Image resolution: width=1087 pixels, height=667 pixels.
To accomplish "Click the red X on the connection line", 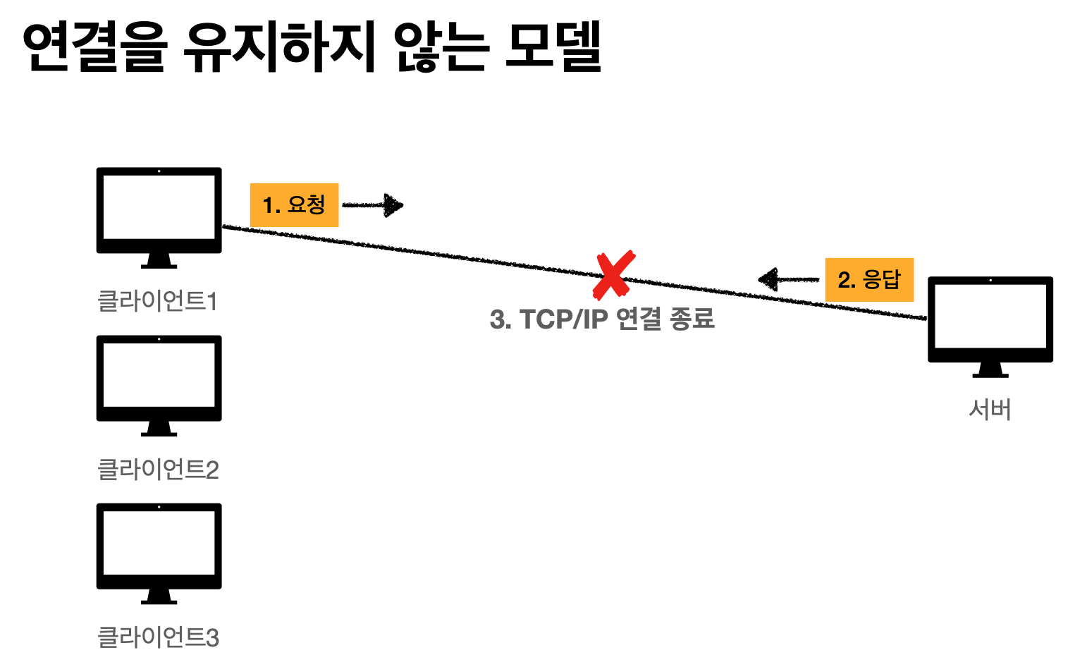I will pos(613,275).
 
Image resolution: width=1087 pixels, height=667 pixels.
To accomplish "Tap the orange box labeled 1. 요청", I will pos(294,205).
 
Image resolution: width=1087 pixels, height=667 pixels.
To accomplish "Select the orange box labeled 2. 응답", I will pos(869,280).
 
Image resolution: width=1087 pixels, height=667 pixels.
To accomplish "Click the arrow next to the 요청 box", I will pos(373,205).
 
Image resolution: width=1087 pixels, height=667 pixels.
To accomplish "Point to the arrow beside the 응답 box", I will pos(788,280).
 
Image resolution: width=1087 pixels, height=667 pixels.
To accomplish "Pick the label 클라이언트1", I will pos(158,301).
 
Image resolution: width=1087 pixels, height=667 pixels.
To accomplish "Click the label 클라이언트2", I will pos(158,469).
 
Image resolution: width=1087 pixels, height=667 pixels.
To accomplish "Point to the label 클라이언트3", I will pos(158,637).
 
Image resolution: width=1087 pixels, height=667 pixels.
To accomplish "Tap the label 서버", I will pos(990,409).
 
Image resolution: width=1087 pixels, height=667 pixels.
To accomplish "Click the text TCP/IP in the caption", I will pos(563,319).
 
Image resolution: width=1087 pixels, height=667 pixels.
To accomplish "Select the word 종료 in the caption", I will pos(692,319).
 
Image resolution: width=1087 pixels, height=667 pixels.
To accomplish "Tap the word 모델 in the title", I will pos(554,47).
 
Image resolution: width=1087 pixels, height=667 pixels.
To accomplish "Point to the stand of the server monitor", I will pos(990,370).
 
